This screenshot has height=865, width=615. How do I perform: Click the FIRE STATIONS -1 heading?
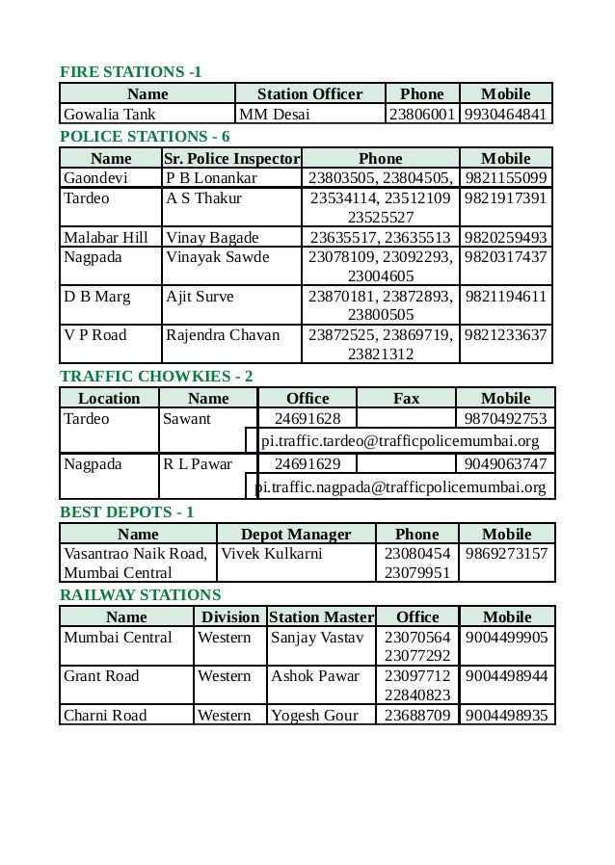[x=131, y=72]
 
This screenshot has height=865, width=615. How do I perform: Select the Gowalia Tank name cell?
[x=103, y=115]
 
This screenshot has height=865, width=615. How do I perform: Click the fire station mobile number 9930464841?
[x=506, y=115]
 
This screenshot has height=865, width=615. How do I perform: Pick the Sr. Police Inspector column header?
[x=231, y=158]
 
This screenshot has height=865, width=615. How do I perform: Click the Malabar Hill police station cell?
[x=106, y=237]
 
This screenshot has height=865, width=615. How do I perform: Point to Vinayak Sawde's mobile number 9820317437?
[x=506, y=257]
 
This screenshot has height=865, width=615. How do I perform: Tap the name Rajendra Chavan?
[x=223, y=335]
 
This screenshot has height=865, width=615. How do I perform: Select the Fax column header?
[x=407, y=398]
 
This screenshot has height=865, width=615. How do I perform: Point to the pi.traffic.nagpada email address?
[x=400, y=487]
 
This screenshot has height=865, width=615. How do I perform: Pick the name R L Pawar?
[x=198, y=463]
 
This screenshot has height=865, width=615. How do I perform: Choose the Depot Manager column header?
[x=296, y=534]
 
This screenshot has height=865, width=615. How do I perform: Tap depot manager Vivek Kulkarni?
[x=272, y=554]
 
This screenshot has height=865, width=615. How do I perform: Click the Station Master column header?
[x=321, y=616]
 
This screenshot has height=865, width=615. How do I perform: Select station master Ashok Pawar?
[x=314, y=675]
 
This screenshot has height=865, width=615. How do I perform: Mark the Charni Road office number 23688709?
[x=417, y=715]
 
